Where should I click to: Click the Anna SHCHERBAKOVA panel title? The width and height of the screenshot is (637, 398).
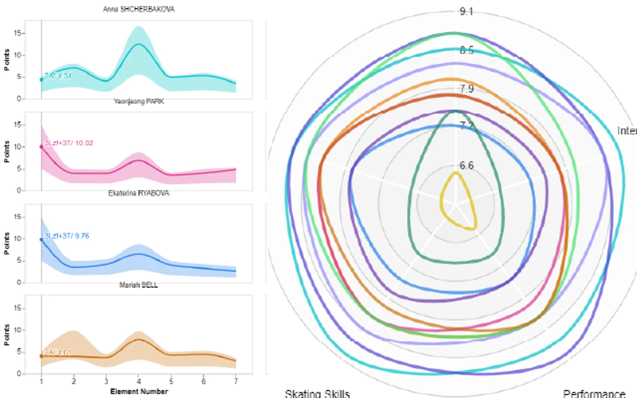138,9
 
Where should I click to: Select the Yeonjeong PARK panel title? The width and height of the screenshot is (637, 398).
138,101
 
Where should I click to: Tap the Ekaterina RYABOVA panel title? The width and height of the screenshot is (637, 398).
138,193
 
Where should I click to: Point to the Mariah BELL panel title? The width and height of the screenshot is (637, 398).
138,285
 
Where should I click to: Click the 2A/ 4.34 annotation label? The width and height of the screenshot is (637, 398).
58,76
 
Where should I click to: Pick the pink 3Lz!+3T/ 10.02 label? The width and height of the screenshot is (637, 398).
68,143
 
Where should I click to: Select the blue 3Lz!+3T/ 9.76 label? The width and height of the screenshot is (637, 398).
67,236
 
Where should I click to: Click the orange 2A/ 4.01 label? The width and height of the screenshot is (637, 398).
58,352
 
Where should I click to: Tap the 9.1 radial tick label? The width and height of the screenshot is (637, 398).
466,12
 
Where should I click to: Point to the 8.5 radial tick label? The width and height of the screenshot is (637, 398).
466,51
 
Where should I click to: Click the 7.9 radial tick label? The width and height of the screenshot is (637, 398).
466,89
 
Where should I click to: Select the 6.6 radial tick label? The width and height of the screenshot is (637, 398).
466,166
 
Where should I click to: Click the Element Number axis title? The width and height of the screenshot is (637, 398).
139,391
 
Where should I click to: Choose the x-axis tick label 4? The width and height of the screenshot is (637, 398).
138,381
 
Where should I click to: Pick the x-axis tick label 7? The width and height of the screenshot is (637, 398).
236,381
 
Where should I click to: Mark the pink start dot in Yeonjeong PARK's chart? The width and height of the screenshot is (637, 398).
41,147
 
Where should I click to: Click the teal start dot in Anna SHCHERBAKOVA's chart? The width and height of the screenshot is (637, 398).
41,80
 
